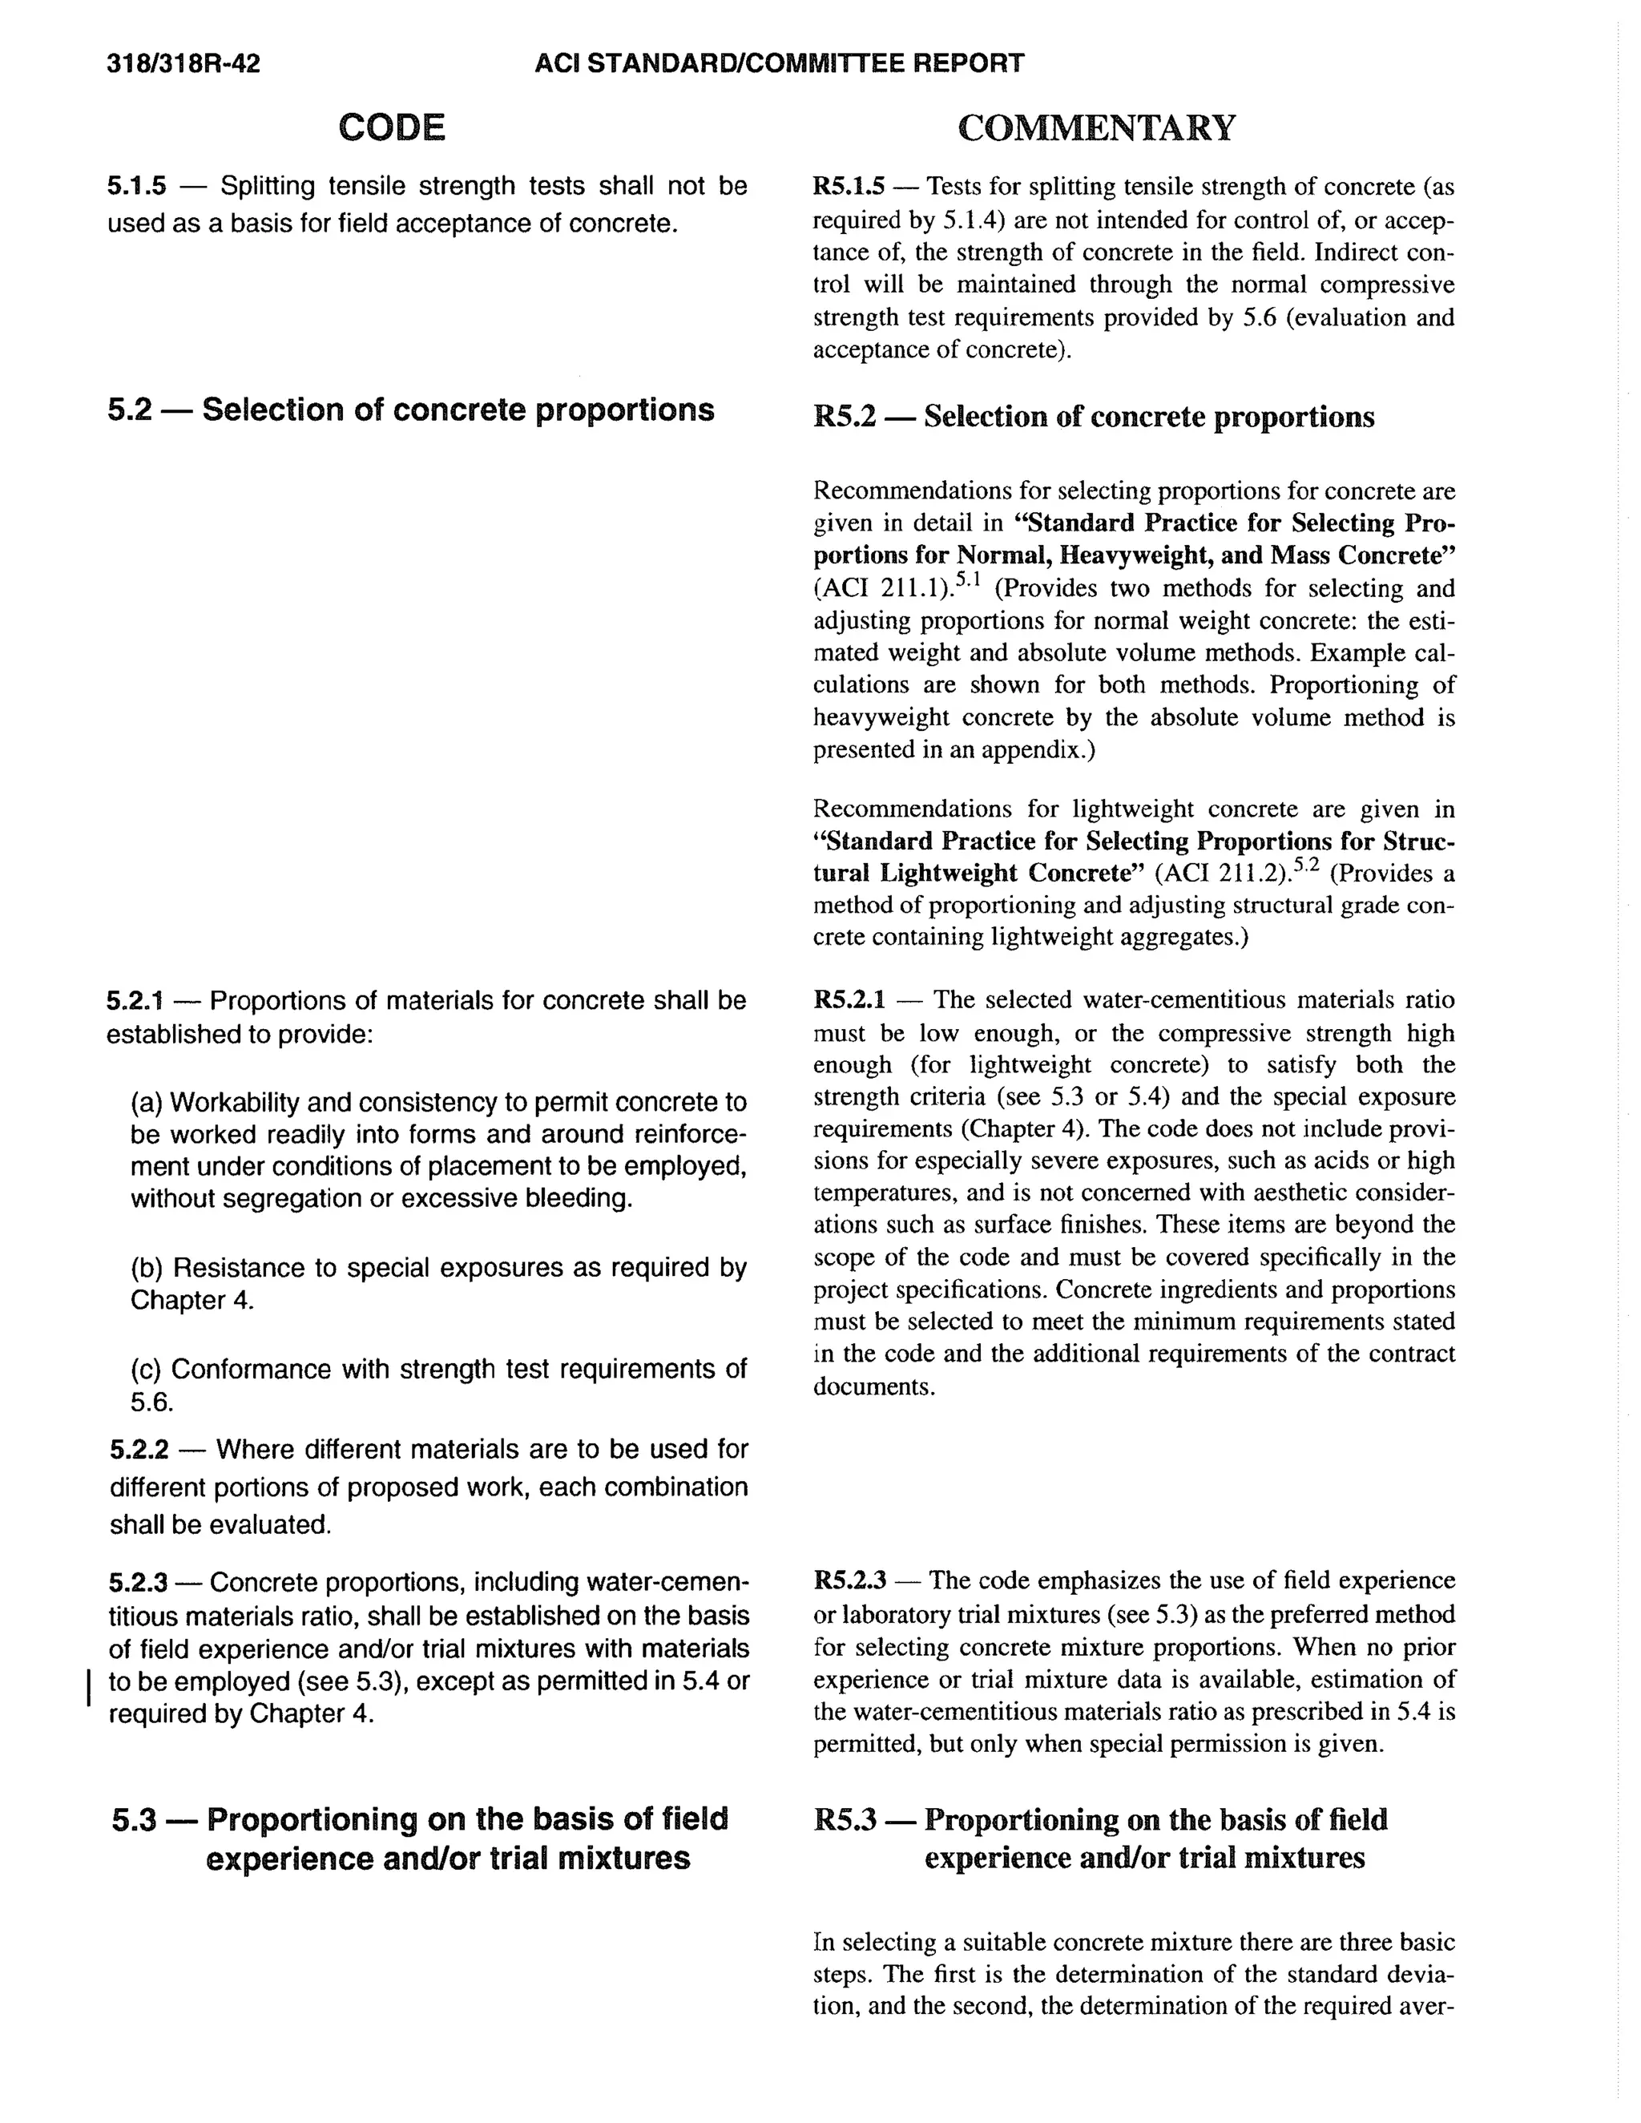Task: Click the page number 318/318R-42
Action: [183, 64]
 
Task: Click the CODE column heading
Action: [392, 127]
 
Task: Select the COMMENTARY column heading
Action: [1097, 127]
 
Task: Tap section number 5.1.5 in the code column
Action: [136, 186]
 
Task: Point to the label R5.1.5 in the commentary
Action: [849, 186]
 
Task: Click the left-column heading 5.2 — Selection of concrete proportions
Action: [410, 410]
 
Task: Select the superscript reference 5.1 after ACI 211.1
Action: [968, 580]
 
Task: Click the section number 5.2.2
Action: [139, 1449]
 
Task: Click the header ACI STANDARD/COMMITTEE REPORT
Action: [779, 64]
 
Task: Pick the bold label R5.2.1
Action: [849, 999]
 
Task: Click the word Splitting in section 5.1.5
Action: [268, 186]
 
